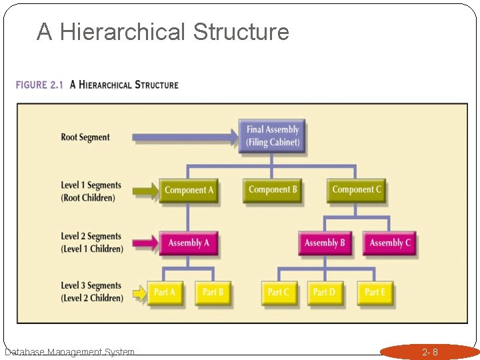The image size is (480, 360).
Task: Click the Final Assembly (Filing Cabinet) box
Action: (x=272, y=135)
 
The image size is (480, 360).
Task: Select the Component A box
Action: (x=189, y=190)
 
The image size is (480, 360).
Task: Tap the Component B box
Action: (x=272, y=190)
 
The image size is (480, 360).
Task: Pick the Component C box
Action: (x=357, y=190)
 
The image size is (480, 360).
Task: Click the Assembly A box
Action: (x=189, y=243)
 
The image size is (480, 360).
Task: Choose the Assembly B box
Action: (x=325, y=243)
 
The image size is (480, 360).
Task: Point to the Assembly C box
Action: (x=390, y=243)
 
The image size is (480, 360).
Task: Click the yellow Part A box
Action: (x=165, y=293)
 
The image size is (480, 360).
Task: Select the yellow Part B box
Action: (x=213, y=293)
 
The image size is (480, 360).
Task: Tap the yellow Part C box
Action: (x=279, y=293)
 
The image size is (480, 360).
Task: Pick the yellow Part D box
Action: (x=325, y=293)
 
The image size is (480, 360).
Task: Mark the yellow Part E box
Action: (x=375, y=293)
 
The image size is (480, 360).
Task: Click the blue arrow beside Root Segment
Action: (x=185, y=137)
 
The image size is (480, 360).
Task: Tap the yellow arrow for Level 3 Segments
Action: (x=139, y=293)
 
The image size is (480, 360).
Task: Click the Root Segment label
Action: (x=85, y=137)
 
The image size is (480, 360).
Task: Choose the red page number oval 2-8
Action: (x=430, y=351)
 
